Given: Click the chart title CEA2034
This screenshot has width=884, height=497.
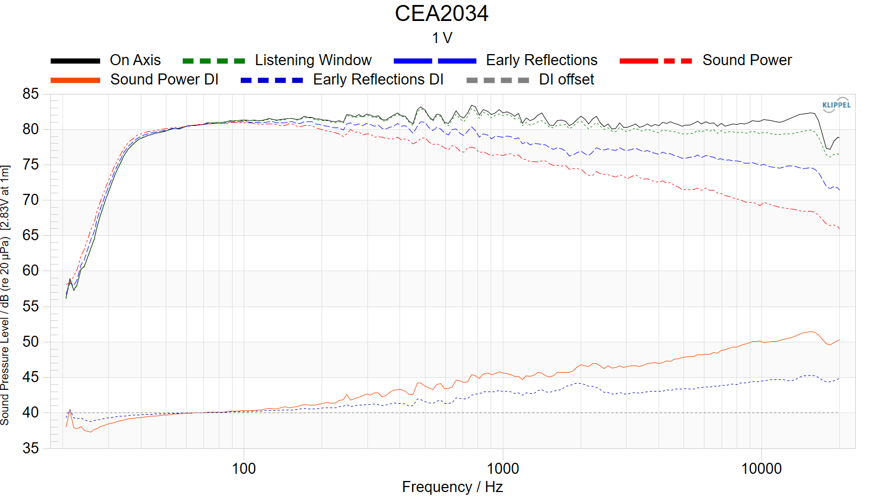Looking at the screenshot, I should coord(441,14).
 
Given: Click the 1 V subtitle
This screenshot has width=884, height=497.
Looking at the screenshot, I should coord(442,38).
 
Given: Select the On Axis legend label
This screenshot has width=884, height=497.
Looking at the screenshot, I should coord(135,60).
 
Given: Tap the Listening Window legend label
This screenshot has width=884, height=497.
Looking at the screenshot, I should coord(313,60).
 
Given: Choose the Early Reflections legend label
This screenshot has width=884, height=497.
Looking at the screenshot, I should coord(541,60).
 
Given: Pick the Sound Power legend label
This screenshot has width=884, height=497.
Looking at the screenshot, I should coord(747,60).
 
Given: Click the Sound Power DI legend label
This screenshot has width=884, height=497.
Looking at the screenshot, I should coord(164,80).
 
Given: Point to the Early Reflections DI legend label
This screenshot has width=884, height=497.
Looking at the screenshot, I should coord(378,80).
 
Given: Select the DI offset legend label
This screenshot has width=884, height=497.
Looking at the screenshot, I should coord(566,80).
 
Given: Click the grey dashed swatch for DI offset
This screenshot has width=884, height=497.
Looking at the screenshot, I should coord(498,80).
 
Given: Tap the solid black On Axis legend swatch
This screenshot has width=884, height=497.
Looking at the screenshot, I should coord(75,61).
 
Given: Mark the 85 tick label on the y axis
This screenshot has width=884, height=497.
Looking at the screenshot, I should coord(31,94).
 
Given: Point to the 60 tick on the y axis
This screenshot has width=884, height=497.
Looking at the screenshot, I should coord(31,271).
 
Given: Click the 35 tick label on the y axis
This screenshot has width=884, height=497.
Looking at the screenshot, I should coord(31,448).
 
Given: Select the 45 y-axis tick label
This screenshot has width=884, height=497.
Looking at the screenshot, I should coord(31,377).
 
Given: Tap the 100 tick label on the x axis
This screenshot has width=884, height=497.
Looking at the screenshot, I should coord(244,469).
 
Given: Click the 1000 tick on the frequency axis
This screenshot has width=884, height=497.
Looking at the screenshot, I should coord(503,469).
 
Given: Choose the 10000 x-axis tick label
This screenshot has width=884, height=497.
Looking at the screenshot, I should coord(761,469).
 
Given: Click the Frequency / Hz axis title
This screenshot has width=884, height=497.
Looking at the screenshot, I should coord(452,487).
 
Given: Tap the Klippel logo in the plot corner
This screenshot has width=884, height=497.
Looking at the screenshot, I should coord(836,105).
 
